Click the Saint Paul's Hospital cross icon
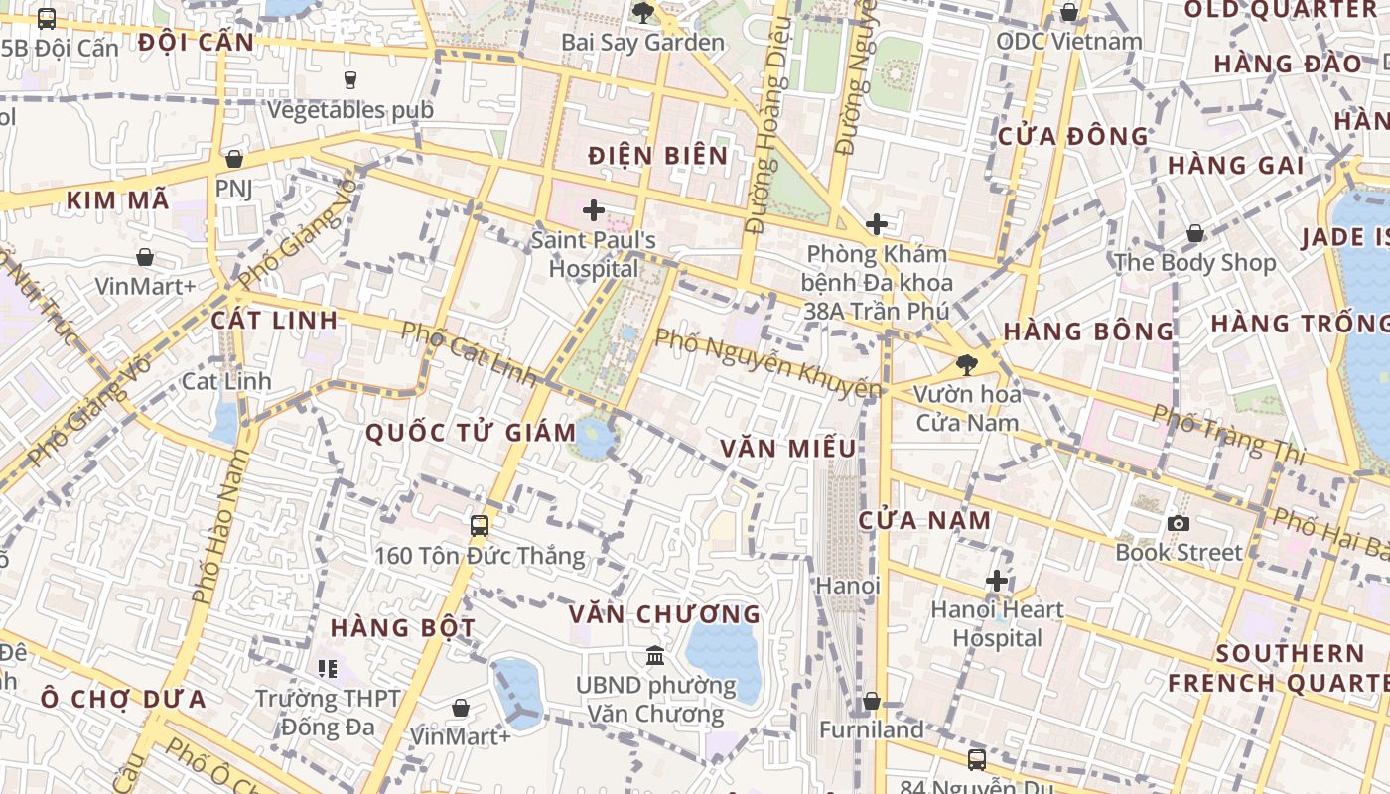(594, 210)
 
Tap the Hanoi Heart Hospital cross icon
(997, 581)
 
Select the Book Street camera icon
(1179, 523)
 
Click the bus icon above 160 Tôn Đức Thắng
(480, 526)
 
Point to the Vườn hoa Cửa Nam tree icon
(966, 364)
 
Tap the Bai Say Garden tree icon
(643, 13)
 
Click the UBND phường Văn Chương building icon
(655, 655)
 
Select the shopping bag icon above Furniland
(871, 701)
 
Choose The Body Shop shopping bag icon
(1195, 233)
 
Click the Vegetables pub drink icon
(349, 80)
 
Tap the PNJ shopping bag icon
(234, 159)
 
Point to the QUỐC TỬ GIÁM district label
(471, 433)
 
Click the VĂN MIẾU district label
(788, 449)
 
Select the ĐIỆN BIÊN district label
(658, 156)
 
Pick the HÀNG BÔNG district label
(1089, 331)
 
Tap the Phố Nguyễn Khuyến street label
(767, 364)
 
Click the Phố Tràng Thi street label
(1228, 435)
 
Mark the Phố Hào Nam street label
(221, 526)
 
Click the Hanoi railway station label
(848, 586)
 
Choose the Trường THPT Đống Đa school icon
(328, 669)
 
